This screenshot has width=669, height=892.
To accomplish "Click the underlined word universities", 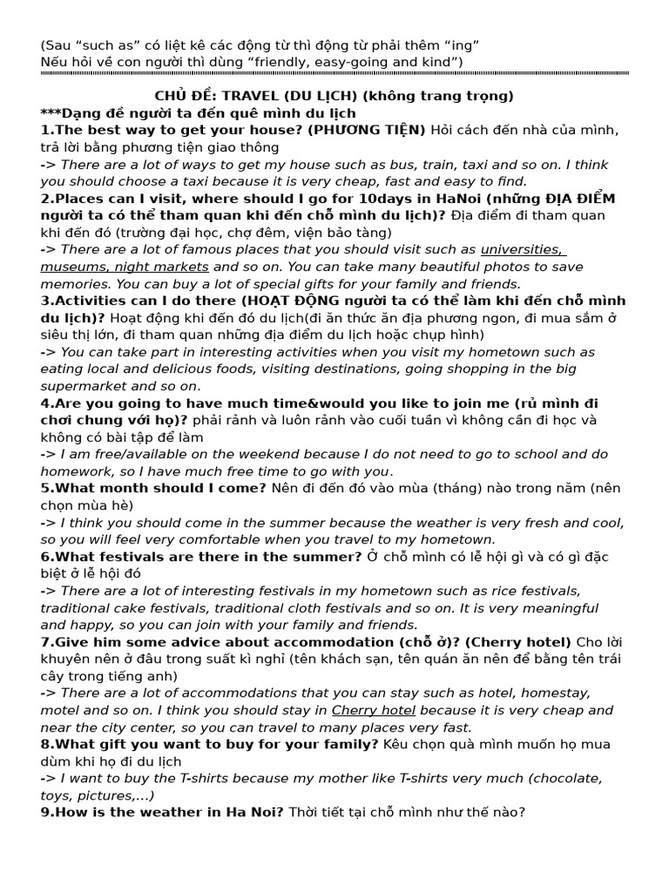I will coord(521,249).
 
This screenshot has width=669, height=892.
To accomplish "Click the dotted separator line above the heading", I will coord(334,75).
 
